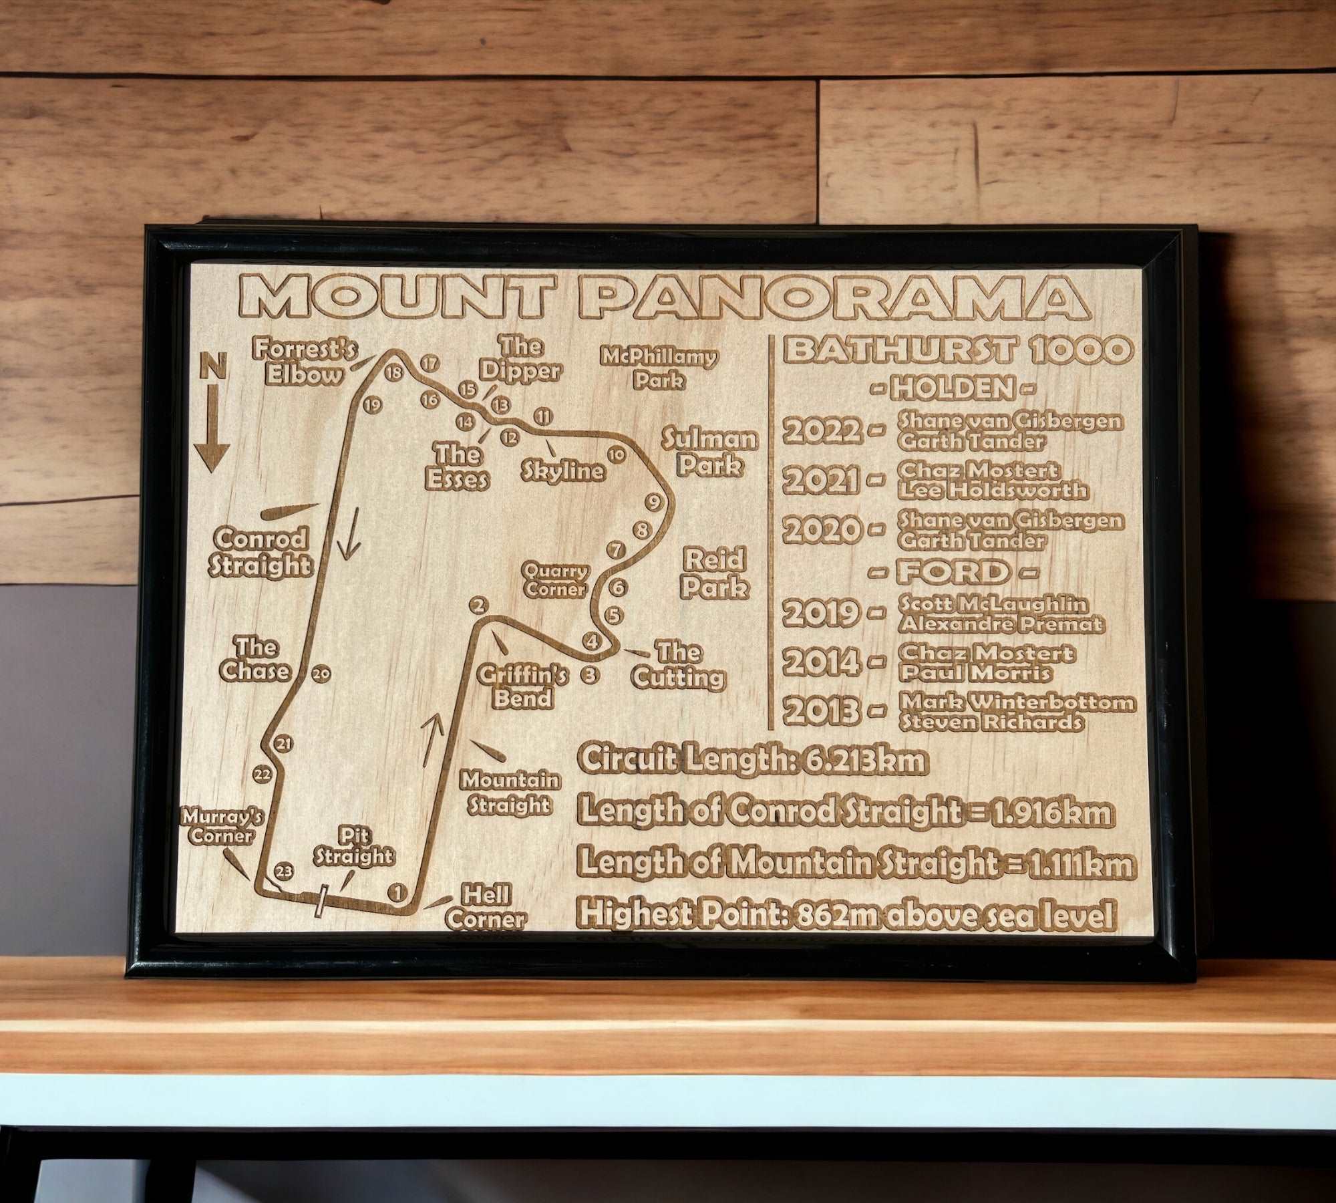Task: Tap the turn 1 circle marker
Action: click(397, 892)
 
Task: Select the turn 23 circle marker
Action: click(284, 870)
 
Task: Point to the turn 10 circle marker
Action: click(616, 455)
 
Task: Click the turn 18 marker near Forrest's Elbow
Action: click(394, 372)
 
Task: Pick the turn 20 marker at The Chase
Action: click(321, 674)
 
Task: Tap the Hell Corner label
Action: click(486, 908)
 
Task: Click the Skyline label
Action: click(563, 471)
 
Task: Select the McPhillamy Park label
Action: click(659, 368)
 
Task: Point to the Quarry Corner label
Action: click(555, 580)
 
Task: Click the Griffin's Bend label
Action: click(522, 687)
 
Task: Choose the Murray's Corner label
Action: click(222, 826)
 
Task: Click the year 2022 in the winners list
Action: click(822, 431)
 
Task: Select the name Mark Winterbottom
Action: click(1017, 702)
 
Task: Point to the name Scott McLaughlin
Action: click(993, 604)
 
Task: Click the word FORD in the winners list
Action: click(953, 572)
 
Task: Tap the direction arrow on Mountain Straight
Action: click(433, 739)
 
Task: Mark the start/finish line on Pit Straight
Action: click(322, 900)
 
